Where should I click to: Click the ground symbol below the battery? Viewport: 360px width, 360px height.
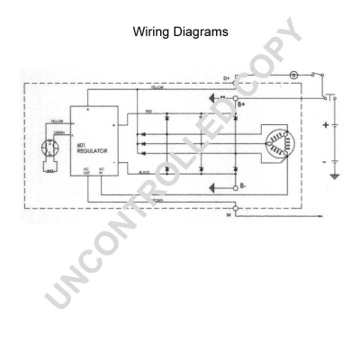(x=336, y=177)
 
